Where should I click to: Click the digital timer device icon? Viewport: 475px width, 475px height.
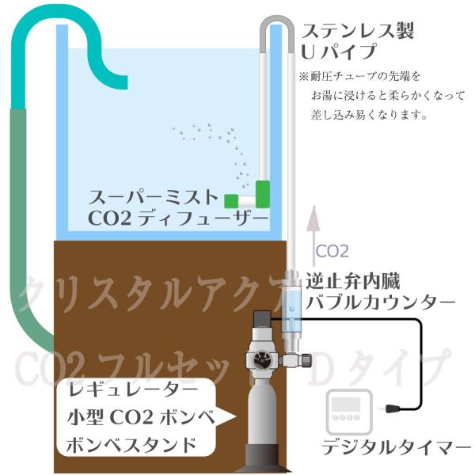(347, 410)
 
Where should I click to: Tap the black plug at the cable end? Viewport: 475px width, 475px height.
(393, 408)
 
